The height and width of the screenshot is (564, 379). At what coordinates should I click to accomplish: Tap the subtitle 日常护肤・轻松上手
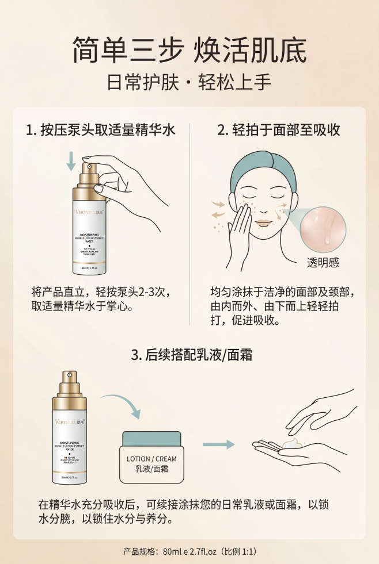point(189,82)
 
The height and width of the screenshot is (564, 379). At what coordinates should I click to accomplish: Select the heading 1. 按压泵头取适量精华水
point(101,130)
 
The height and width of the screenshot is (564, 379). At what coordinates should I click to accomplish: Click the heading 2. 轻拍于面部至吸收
point(279,130)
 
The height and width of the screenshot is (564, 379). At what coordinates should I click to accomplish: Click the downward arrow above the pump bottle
point(71,160)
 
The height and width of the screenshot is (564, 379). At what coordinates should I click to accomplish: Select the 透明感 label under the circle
point(323,263)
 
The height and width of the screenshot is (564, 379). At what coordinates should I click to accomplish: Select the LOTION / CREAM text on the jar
point(151,459)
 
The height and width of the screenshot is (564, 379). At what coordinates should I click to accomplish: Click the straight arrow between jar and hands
point(219,444)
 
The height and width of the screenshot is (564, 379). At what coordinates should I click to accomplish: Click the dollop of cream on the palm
point(293,443)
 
